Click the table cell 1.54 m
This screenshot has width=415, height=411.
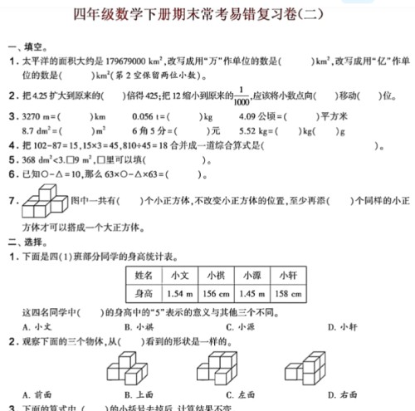pyautogui.click(x=179, y=293)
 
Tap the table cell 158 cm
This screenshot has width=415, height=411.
pyautogui.click(x=288, y=293)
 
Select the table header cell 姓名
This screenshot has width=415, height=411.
pyautogui.click(x=144, y=275)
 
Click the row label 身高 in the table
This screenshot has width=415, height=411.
pyautogui.click(x=144, y=293)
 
